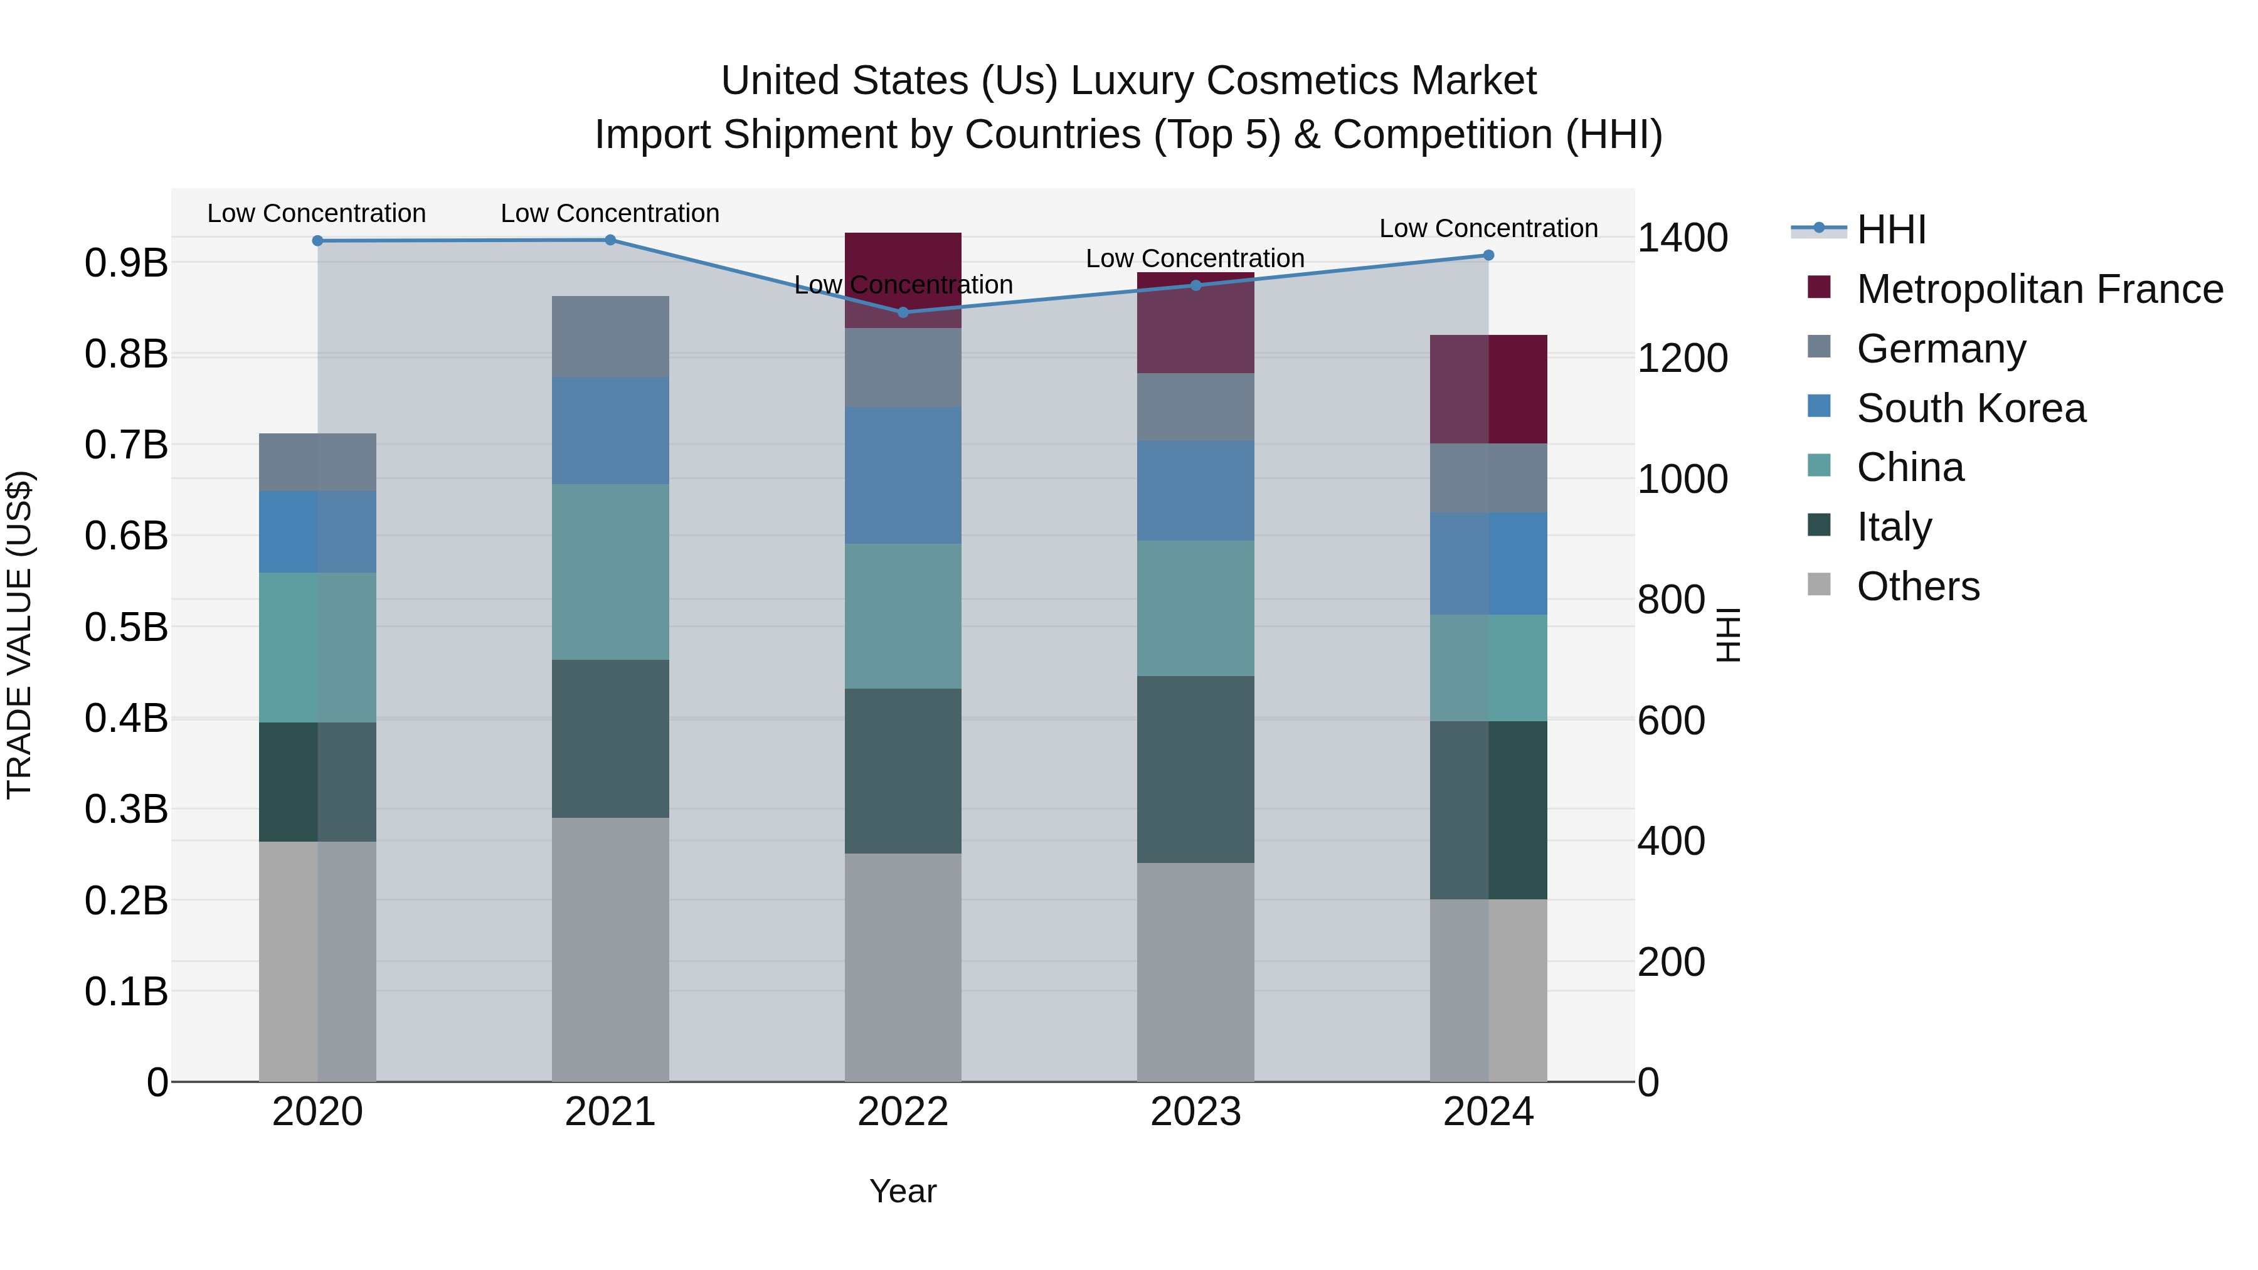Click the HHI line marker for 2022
click(x=903, y=312)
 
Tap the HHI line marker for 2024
click(x=1488, y=255)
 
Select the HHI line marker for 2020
click(x=317, y=241)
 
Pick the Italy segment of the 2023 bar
click(x=1195, y=769)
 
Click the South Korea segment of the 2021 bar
click(x=610, y=430)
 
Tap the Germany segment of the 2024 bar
click(x=1488, y=478)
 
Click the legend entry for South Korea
click(x=1971, y=408)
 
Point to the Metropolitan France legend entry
click(x=2039, y=289)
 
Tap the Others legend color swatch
click(x=1819, y=585)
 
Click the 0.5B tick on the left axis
click(x=125, y=628)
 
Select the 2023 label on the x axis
click(x=1195, y=1112)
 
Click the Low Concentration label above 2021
click(x=610, y=213)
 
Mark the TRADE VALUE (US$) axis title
click(x=19, y=635)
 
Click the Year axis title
click(x=903, y=1191)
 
